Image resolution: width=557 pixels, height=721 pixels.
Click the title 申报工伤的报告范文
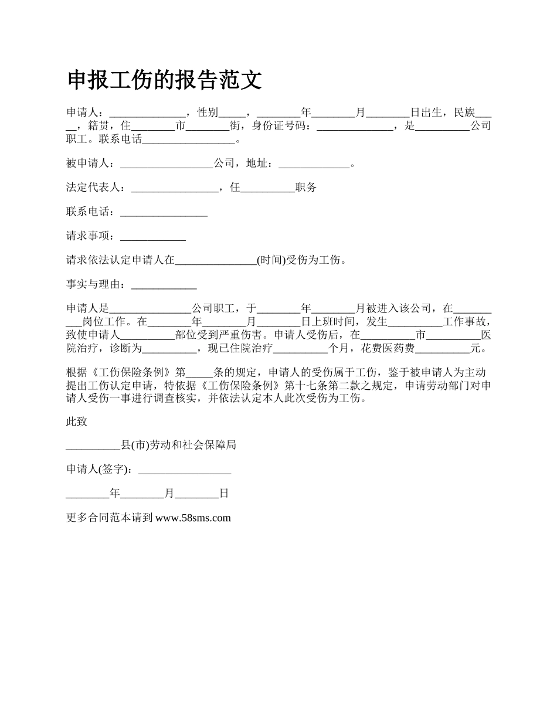(x=164, y=80)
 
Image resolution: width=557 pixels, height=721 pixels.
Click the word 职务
(x=306, y=188)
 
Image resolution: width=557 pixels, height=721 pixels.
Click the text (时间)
(x=271, y=260)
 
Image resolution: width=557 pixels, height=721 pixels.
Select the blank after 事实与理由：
(x=164, y=285)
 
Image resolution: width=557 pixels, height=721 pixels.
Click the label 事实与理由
(x=94, y=285)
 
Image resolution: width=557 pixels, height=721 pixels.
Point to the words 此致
(x=77, y=421)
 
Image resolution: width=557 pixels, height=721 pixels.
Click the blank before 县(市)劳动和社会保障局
(x=93, y=445)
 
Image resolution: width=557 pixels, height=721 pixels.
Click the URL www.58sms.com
(x=193, y=518)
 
